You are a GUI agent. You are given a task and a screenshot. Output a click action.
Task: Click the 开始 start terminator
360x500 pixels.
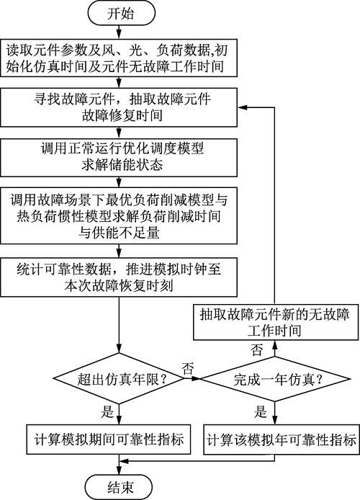[x=121, y=14]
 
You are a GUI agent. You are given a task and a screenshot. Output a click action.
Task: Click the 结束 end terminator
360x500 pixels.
[x=119, y=487]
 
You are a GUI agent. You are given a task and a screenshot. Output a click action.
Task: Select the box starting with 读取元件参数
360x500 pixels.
[x=119, y=58]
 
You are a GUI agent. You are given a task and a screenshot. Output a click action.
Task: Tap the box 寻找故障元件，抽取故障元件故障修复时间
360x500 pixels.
[x=119, y=107]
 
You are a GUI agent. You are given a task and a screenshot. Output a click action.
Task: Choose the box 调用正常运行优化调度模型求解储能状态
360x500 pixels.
[x=119, y=158]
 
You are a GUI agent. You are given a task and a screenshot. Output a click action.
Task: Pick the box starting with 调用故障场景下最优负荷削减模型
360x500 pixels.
[x=119, y=216]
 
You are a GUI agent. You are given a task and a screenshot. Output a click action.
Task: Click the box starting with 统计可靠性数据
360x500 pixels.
[x=119, y=277]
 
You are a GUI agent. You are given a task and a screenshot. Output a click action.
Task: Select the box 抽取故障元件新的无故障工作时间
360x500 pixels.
[x=276, y=322]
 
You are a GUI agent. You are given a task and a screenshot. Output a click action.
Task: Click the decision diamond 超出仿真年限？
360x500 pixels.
[x=119, y=379]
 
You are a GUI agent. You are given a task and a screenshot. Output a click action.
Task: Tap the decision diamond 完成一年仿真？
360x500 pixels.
[x=275, y=379]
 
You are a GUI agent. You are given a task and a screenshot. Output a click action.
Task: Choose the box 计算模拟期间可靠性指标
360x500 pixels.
[x=109, y=439]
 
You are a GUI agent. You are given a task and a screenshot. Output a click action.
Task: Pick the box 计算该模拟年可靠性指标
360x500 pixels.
[x=282, y=439]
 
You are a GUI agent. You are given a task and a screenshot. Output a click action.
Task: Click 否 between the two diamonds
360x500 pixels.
[x=188, y=369]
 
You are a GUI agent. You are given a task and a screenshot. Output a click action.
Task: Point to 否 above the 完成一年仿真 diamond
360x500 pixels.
[x=257, y=350]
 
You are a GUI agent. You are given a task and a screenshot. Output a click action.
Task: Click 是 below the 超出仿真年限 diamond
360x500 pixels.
[x=107, y=411]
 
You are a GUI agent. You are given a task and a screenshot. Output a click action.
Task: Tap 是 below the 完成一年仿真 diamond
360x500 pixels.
[x=261, y=411]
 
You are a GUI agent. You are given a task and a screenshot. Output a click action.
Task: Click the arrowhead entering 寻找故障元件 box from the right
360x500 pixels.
[x=242, y=107]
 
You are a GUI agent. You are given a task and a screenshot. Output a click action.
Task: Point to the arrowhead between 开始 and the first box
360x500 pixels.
[x=119, y=35]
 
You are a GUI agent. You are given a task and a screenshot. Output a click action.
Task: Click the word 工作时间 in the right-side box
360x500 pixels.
[x=274, y=331]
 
